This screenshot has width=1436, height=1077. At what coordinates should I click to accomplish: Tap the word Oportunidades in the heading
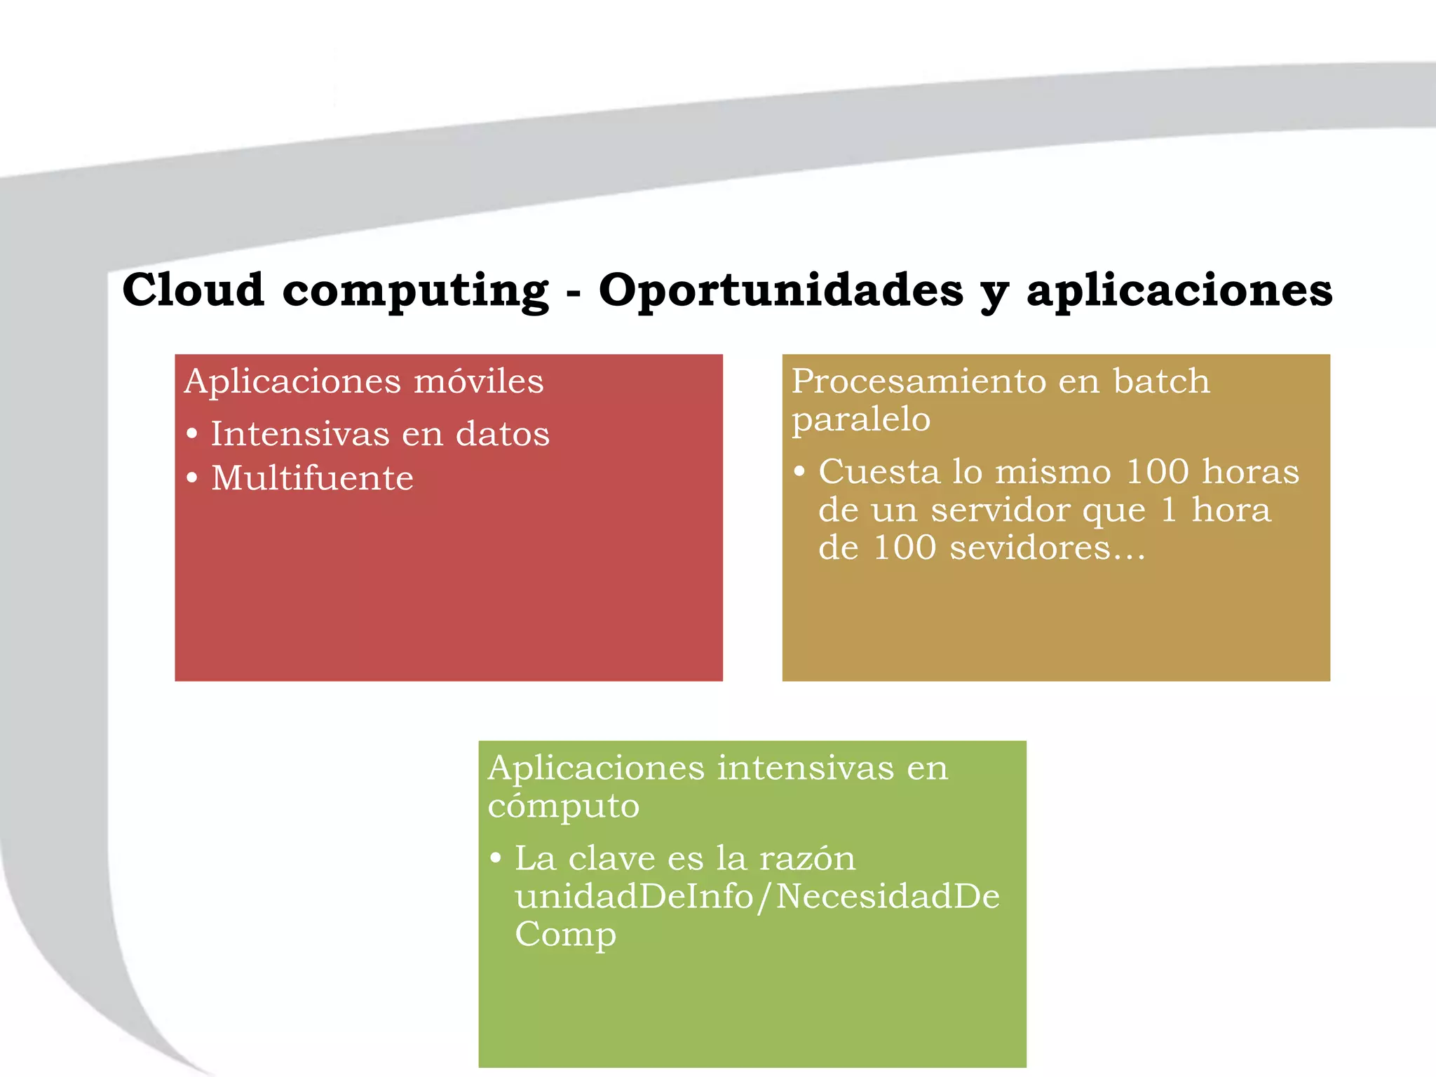click(x=780, y=290)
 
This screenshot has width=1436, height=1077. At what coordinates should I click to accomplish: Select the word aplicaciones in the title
click(x=1179, y=290)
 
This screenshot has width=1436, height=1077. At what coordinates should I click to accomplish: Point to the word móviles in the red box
click(x=478, y=381)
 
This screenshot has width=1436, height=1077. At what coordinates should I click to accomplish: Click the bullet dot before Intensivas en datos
click(x=192, y=433)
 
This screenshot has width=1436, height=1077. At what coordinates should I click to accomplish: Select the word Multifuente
click(x=312, y=478)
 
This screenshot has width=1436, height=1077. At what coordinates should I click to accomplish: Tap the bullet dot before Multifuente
click(x=192, y=479)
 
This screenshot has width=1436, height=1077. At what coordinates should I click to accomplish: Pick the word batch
click(x=1161, y=381)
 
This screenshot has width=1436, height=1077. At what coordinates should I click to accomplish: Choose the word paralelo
click(x=861, y=420)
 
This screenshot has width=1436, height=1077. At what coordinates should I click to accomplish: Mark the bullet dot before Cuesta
click(x=799, y=471)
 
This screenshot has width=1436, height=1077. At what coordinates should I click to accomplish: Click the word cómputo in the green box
click(x=563, y=806)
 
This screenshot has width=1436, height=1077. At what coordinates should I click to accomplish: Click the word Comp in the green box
click(x=565, y=935)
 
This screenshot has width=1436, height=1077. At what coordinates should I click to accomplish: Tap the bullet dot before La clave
click(x=496, y=858)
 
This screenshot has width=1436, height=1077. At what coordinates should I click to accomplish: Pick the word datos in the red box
click(x=502, y=434)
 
